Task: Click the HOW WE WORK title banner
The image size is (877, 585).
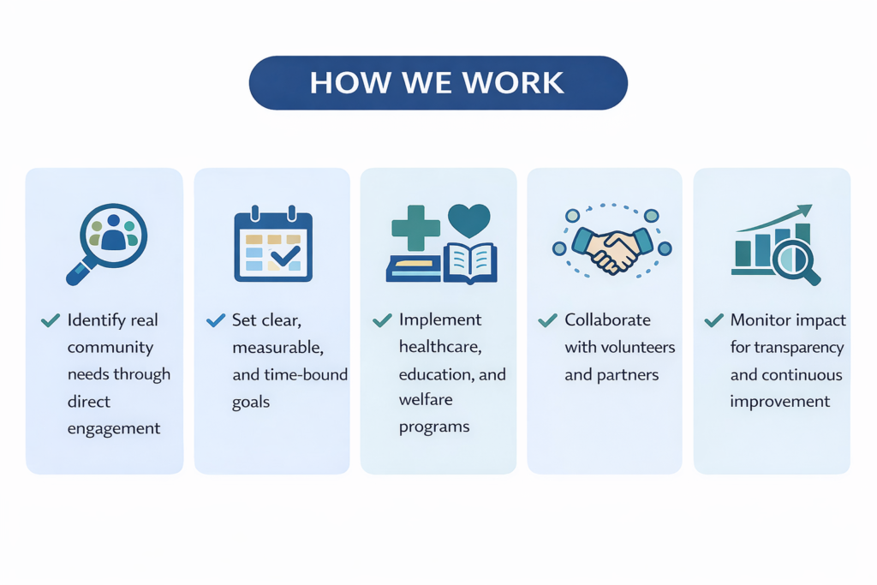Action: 438,83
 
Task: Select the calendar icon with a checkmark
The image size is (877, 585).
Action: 273,244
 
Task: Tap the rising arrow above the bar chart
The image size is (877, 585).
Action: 774,218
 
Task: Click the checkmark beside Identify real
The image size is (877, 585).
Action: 50,320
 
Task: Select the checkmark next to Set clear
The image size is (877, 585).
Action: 216,320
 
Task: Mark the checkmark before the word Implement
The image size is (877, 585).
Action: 382,320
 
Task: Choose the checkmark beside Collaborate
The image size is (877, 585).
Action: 547,320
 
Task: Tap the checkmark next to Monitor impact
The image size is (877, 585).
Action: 713,320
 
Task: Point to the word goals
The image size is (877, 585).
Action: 250,402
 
